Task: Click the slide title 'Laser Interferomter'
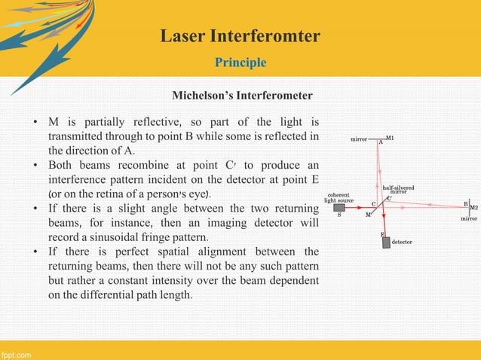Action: tap(240, 35)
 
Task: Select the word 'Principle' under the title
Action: tap(240, 62)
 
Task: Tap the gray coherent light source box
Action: tap(339, 208)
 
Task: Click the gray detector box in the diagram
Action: tap(386, 242)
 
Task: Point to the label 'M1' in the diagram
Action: tap(390, 139)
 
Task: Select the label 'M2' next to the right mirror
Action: tap(473, 207)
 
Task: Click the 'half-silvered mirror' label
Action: tap(398, 189)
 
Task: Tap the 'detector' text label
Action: tap(402, 243)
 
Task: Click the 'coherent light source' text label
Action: tap(339, 198)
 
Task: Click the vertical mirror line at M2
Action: tap(469, 206)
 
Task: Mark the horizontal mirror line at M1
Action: tap(380, 139)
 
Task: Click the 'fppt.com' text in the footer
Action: tap(16, 353)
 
